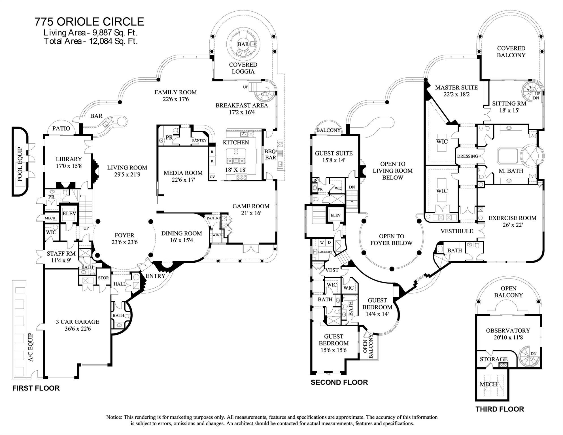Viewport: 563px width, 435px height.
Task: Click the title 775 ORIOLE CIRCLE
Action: pos(89,22)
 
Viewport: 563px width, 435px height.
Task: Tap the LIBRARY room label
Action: pos(69,159)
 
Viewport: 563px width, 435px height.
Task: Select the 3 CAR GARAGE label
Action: pos(78,322)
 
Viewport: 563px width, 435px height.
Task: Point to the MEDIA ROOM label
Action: pos(183,173)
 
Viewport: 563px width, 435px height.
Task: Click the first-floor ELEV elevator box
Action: pos(69,214)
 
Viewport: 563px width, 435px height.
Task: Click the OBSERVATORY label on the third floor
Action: pos(508,330)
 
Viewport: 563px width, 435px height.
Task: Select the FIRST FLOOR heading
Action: pos(36,388)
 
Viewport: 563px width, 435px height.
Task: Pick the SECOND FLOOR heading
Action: pos(339,382)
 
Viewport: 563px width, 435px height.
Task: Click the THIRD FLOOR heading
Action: pos(500,409)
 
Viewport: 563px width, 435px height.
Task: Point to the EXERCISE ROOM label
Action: pos(512,218)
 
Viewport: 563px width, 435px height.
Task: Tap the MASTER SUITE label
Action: pos(456,88)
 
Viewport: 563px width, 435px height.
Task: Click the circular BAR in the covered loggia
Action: pos(243,44)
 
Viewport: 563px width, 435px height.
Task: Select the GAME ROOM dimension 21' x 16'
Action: pos(251,213)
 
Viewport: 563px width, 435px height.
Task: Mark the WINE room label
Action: pos(217,235)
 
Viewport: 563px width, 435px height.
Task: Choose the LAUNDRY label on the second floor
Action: pos(325,252)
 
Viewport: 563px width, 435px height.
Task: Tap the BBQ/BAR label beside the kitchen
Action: pos(270,154)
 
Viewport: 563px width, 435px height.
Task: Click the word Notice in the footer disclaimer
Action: pos(114,417)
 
